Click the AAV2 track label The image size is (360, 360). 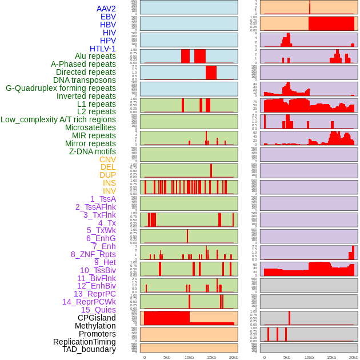pyautogui.click(x=106, y=9)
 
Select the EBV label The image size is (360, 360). pyautogui.click(x=108, y=17)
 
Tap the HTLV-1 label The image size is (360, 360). pyautogui.click(x=103, y=49)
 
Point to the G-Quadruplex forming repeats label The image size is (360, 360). pyautogui.click(x=61, y=88)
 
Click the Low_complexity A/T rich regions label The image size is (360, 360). pyautogui.click(x=58, y=119)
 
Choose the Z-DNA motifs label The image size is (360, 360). pyautogui.click(x=93, y=151)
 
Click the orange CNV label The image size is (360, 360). pyautogui.click(x=107, y=159)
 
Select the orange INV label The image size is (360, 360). pyautogui.click(x=109, y=191)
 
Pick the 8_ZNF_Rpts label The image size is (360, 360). pyautogui.click(x=93, y=254)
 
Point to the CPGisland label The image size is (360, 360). pyautogui.click(x=97, y=318)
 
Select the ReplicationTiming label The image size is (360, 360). pyautogui.click(x=85, y=342)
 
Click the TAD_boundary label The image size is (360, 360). pyautogui.click(x=89, y=349)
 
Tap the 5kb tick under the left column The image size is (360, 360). pyautogui.click(x=167, y=357)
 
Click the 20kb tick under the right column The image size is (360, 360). pyautogui.click(x=354, y=357)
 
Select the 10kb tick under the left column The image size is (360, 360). pyautogui.click(x=189, y=357)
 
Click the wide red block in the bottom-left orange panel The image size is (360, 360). pyautogui.click(x=167, y=318)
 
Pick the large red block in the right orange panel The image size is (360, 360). pyautogui.click(x=331, y=23)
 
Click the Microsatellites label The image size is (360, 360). pyautogui.click(x=90, y=127)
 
